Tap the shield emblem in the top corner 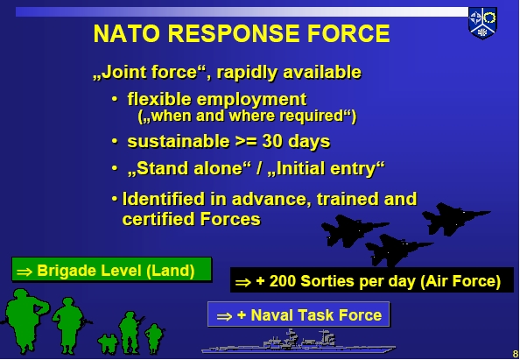tap(482, 23)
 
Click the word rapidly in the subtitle tap(247, 72)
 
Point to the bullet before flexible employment tap(115, 99)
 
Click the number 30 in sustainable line tap(272, 141)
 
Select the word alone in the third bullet tap(221, 168)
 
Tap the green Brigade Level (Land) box tap(112, 270)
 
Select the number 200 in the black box tap(282, 281)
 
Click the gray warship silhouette tap(299, 342)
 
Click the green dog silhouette tap(108, 343)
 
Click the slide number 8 tap(516, 353)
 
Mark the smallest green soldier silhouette tap(154, 338)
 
